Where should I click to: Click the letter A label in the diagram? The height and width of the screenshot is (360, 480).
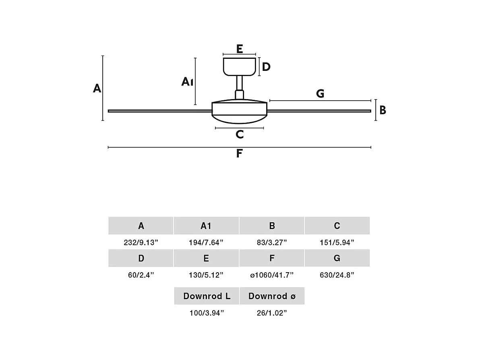[x=97, y=88]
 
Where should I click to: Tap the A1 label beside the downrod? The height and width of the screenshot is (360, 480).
[x=187, y=82]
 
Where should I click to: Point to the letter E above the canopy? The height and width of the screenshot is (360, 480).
[x=240, y=49]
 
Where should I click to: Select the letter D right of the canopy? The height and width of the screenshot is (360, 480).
[x=266, y=67]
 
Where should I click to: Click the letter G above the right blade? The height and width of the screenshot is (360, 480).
[x=320, y=94]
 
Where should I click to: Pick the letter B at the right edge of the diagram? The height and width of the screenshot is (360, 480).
[x=383, y=110]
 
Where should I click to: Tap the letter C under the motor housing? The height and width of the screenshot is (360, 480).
[x=240, y=134]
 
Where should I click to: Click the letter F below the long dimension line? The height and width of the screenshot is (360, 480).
[x=239, y=153]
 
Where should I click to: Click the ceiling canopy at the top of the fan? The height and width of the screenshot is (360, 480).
[x=240, y=66]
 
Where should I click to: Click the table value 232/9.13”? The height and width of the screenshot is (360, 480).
[x=141, y=242]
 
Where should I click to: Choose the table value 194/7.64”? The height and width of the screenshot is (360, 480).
[x=206, y=242]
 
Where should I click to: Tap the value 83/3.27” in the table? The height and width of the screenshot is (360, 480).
[x=272, y=242]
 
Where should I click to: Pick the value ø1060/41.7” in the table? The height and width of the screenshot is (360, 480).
[x=272, y=275]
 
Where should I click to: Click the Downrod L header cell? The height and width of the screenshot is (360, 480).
[x=207, y=296]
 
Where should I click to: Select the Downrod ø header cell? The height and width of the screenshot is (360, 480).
[x=272, y=296]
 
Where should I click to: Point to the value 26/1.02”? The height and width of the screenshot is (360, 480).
[x=272, y=313]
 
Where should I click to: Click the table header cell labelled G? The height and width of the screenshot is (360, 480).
[x=337, y=258]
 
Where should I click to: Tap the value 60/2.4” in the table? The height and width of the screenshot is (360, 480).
[x=141, y=275]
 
